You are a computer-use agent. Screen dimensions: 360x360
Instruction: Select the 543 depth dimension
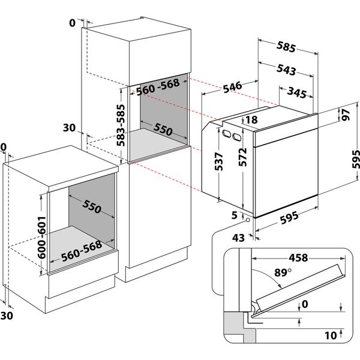(x=285, y=70)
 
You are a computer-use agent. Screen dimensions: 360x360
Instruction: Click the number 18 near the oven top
(x=251, y=120)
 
